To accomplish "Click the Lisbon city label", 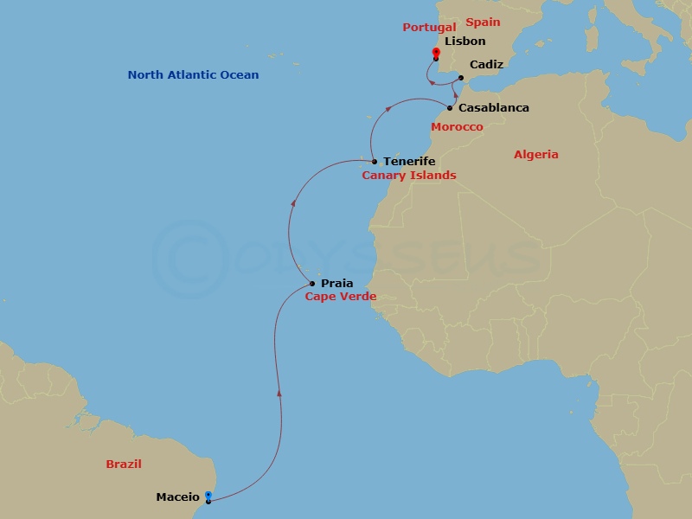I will click(465, 41).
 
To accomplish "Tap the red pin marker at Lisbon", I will click(435, 54).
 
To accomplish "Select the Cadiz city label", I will click(486, 65).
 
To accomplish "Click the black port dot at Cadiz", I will click(460, 78).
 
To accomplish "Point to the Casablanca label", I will click(494, 108).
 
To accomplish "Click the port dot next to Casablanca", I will click(450, 108).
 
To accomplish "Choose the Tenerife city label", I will click(409, 162).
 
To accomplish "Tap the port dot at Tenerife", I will click(374, 162).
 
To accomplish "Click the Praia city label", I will click(336, 283).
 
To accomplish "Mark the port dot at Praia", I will click(312, 283).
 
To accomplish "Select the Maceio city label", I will click(178, 497).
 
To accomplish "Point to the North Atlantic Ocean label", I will click(193, 75).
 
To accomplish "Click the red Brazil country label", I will click(124, 465).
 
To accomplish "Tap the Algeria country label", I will click(536, 155).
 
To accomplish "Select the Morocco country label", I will click(457, 127).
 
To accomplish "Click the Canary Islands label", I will click(408, 176).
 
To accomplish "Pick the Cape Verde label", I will click(340, 296).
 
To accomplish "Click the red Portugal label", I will click(429, 28).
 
